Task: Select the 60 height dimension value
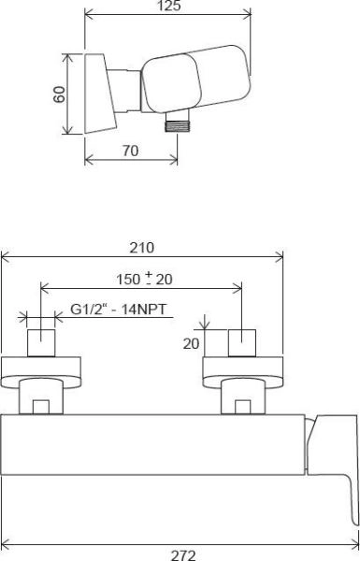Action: pyautogui.click(x=59, y=94)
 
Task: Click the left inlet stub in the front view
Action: pyautogui.click(x=42, y=342)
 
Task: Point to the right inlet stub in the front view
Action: pyautogui.click(x=242, y=342)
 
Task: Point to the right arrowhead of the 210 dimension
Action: pyautogui.click(x=280, y=257)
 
